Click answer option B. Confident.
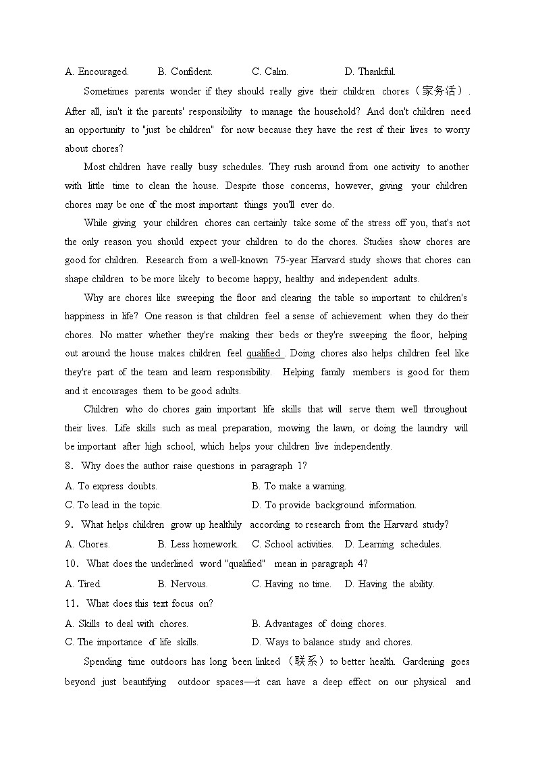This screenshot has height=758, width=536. click(x=184, y=72)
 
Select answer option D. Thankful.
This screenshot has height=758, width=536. click(x=369, y=72)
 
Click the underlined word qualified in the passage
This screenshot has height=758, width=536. click(x=264, y=353)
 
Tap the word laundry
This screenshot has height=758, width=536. click(x=433, y=428)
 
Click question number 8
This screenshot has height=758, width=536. click(x=70, y=466)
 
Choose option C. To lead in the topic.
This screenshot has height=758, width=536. click(x=113, y=505)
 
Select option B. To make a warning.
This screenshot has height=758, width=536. click(x=298, y=486)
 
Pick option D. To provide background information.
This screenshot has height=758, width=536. click(x=333, y=505)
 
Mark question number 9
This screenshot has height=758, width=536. click(x=70, y=524)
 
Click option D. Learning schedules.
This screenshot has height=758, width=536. click(x=392, y=544)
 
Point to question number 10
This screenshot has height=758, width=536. click(x=72, y=564)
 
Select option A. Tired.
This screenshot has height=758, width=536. click(x=83, y=584)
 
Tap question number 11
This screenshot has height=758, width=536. click(x=72, y=603)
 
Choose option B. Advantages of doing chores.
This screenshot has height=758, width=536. click(x=318, y=624)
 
